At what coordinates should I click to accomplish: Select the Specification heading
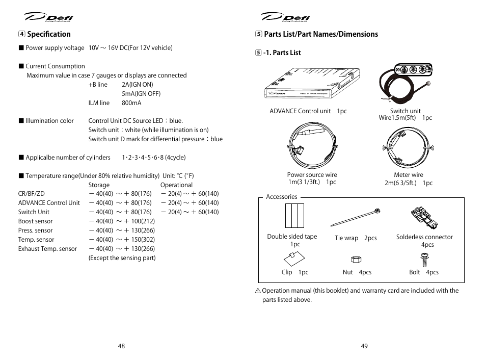tap(48, 34)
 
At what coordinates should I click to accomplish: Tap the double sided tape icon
tap(294, 216)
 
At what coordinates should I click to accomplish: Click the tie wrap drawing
tap(356, 218)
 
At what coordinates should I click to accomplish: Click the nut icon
tap(357, 260)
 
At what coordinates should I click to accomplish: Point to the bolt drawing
tap(423, 260)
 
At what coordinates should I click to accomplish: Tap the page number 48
tap(121, 346)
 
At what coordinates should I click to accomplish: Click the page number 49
tap(364, 346)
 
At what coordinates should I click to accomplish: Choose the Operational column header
tap(176, 185)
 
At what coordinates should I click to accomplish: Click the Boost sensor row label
tap(35, 221)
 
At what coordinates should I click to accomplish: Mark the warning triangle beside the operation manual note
tap(258, 291)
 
